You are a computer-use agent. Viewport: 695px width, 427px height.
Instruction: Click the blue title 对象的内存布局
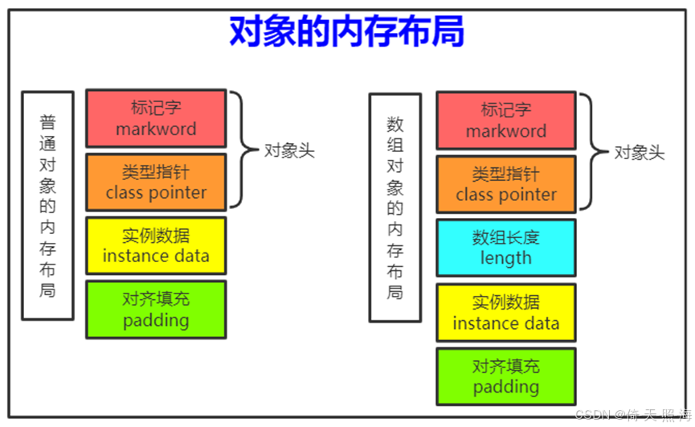(346, 32)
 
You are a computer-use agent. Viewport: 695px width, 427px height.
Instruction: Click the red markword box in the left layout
(156, 119)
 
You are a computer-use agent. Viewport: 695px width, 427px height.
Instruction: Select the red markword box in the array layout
(505, 120)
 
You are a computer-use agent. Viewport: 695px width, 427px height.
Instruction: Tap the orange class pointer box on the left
(156, 183)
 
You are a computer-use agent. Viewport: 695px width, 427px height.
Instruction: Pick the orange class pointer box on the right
(505, 184)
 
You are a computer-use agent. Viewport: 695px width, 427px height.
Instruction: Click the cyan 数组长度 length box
(505, 248)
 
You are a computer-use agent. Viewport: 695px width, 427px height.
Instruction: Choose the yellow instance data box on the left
(156, 246)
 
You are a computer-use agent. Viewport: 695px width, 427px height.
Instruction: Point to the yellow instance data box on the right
(505, 312)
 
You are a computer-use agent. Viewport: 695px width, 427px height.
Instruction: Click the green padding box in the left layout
(156, 310)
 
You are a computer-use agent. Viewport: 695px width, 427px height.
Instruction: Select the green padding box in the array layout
(505, 376)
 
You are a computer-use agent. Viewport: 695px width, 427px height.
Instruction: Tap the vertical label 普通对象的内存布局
(47, 206)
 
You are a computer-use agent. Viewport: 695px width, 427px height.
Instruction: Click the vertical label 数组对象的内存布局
(395, 207)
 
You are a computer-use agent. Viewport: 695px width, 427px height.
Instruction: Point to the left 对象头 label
(289, 151)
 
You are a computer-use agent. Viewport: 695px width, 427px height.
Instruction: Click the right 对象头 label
(640, 153)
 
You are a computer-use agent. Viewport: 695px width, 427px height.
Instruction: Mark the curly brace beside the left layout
(239, 150)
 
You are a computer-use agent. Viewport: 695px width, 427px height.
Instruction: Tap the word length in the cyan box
(505, 258)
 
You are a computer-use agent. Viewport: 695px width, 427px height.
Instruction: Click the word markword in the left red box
(156, 129)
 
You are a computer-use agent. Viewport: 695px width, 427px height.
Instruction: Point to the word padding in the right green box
(505, 387)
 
